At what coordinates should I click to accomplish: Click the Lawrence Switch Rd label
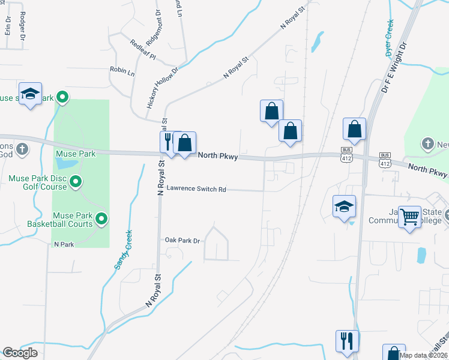[x=196, y=189]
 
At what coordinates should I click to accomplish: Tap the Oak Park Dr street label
[x=182, y=241]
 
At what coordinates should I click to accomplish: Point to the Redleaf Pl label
[x=143, y=50]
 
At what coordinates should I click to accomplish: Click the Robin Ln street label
[x=122, y=71]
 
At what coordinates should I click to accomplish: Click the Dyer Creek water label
[x=389, y=38]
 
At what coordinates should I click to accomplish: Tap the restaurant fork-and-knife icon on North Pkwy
[x=167, y=142]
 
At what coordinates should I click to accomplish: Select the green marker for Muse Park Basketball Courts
[x=101, y=220]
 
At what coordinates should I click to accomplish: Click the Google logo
[x=20, y=353]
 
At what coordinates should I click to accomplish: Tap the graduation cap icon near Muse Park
[x=30, y=94]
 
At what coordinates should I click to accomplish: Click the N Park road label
[x=63, y=245]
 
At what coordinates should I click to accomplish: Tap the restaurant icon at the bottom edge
[x=347, y=341]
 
